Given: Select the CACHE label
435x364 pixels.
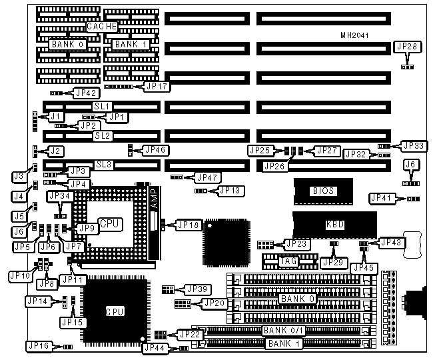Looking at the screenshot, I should coord(102,27).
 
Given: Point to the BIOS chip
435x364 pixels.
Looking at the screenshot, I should coord(322,191).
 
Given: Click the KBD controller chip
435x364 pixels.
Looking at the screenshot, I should coord(335,225).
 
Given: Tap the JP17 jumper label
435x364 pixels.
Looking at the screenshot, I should coord(157,85).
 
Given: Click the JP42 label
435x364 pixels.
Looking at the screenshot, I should coord(88,93).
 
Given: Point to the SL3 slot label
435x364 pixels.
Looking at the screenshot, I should coord(103,164).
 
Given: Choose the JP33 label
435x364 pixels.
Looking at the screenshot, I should coord(413,145).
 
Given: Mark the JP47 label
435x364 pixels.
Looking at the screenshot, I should coord(207,177).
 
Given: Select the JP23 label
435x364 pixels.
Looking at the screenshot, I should coord(297,244).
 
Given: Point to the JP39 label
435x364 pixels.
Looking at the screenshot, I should coord(198,289).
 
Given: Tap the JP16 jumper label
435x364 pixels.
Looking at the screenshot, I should coord(37,345).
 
